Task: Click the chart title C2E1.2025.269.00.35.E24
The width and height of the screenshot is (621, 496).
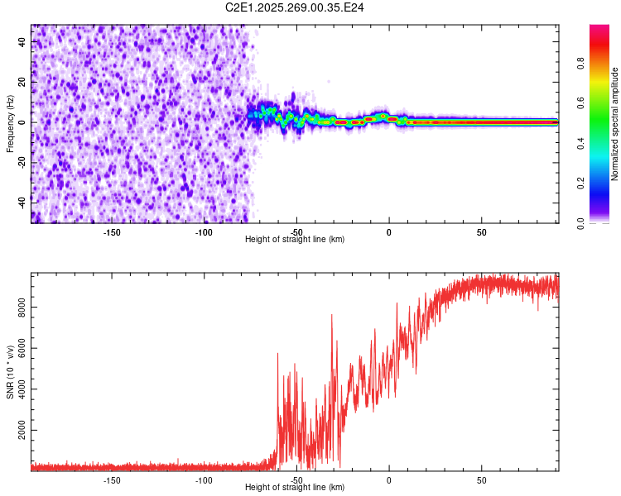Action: pos(296,7)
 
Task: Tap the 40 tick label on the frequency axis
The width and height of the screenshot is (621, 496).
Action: pos(23,41)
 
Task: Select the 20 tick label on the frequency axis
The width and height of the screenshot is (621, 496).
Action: pos(23,82)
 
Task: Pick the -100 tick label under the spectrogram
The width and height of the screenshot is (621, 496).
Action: pos(204,231)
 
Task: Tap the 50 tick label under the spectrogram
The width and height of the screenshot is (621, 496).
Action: pos(481,231)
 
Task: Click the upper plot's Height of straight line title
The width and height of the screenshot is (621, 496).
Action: pos(295,240)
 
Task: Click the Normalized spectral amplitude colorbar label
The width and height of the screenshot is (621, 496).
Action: pos(615,124)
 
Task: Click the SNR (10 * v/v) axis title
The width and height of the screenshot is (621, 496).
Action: pos(10,372)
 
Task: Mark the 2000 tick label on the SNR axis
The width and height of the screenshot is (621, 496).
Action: pos(19,432)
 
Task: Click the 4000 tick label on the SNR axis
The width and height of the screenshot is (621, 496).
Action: pos(19,390)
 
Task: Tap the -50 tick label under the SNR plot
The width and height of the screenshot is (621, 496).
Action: pos(296,479)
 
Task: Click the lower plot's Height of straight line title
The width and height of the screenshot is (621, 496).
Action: pos(295,488)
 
